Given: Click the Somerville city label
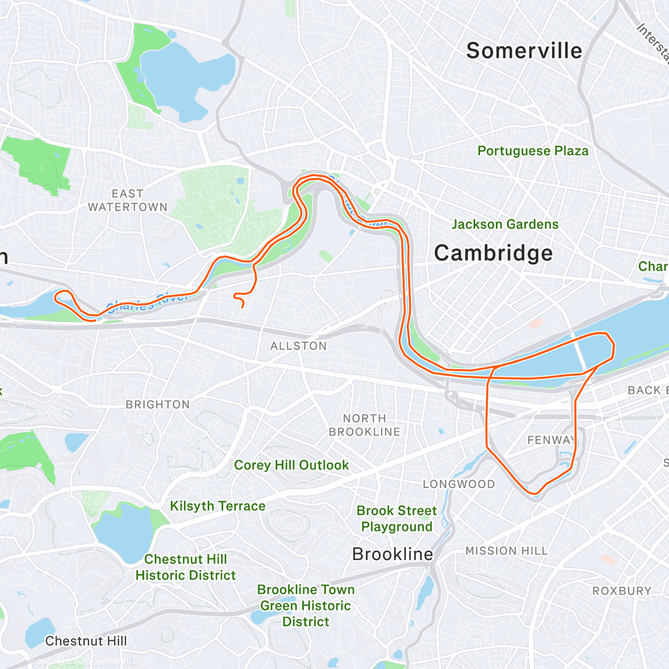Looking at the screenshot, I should pyautogui.click(x=524, y=51).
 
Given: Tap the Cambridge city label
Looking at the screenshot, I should pyautogui.click(x=493, y=253).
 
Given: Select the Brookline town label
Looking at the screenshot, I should pyautogui.click(x=392, y=554).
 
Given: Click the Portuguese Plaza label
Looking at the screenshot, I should pyautogui.click(x=533, y=151).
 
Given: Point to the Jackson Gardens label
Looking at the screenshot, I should pyautogui.click(x=505, y=224).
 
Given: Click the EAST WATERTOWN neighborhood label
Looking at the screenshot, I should pyautogui.click(x=128, y=200).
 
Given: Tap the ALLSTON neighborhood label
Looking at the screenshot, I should pyautogui.click(x=298, y=346).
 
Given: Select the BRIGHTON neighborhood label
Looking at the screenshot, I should pyautogui.click(x=158, y=405).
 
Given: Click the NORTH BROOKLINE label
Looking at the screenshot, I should pyautogui.click(x=365, y=425).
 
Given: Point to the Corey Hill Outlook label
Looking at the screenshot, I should pyautogui.click(x=291, y=465).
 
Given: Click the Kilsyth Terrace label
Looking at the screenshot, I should pyautogui.click(x=217, y=506).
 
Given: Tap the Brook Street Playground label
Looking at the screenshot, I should pyautogui.click(x=397, y=518).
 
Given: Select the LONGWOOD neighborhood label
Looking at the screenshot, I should pyautogui.click(x=459, y=484).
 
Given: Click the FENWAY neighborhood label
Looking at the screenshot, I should pyautogui.click(x=551, y=440).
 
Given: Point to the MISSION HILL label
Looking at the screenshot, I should pyautogui.click(x=507, y=551).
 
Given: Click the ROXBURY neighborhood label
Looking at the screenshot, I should pyautogui.click(x=622, y=591).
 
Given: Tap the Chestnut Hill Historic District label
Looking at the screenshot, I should pyautogui.click(x=186, y=567).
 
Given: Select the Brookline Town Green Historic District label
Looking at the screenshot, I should pyautogui.click(x=306, y=605).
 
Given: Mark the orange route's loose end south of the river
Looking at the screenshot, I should pyautogui.click(x=243, y=307).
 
